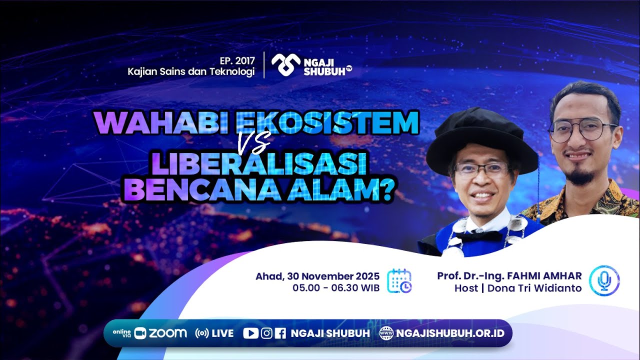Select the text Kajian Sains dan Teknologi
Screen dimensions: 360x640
(191, 71)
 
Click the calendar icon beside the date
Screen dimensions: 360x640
(400, 280)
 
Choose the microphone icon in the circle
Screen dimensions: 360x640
(604, 280)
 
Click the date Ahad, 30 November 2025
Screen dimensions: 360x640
(317, 276)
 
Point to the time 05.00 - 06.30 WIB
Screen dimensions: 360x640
(336, 288)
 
